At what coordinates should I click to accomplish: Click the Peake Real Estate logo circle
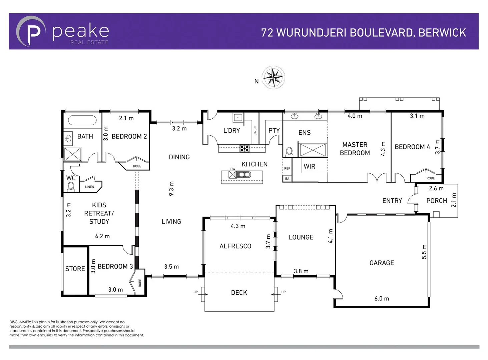(x=31, y=31)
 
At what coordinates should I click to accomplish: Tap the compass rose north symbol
(x=273, y=77)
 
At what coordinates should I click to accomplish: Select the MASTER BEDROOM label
(x=355, y=149)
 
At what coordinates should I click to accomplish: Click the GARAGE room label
(x=382, y=263)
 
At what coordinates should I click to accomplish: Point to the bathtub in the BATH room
(x=82, y=120)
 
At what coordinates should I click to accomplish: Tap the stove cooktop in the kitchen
(x=245, y=148)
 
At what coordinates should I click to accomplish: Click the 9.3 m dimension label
(x=171, y=189)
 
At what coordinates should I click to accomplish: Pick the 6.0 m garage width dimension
(x=382, y=299)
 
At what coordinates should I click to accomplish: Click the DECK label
(x=239, y=293)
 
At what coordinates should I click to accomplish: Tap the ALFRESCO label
(x=235, y=246)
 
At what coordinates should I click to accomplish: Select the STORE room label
(x=75, y=269)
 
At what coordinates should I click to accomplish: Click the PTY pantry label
(x=274, y=131)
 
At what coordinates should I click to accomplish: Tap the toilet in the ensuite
(x=289, y=152)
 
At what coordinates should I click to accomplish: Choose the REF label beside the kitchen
(x=287, y=168)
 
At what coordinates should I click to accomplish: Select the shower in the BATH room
(x=73, y=154)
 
